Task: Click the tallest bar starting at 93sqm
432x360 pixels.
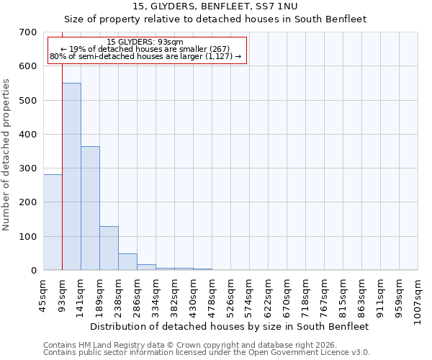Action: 71,176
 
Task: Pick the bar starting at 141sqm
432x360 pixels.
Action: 90,208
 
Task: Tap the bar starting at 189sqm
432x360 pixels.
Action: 109,248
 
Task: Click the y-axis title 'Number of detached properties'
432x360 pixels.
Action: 6,156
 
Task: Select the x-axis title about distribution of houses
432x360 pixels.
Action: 230,326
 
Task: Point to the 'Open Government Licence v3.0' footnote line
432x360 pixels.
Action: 206,353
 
